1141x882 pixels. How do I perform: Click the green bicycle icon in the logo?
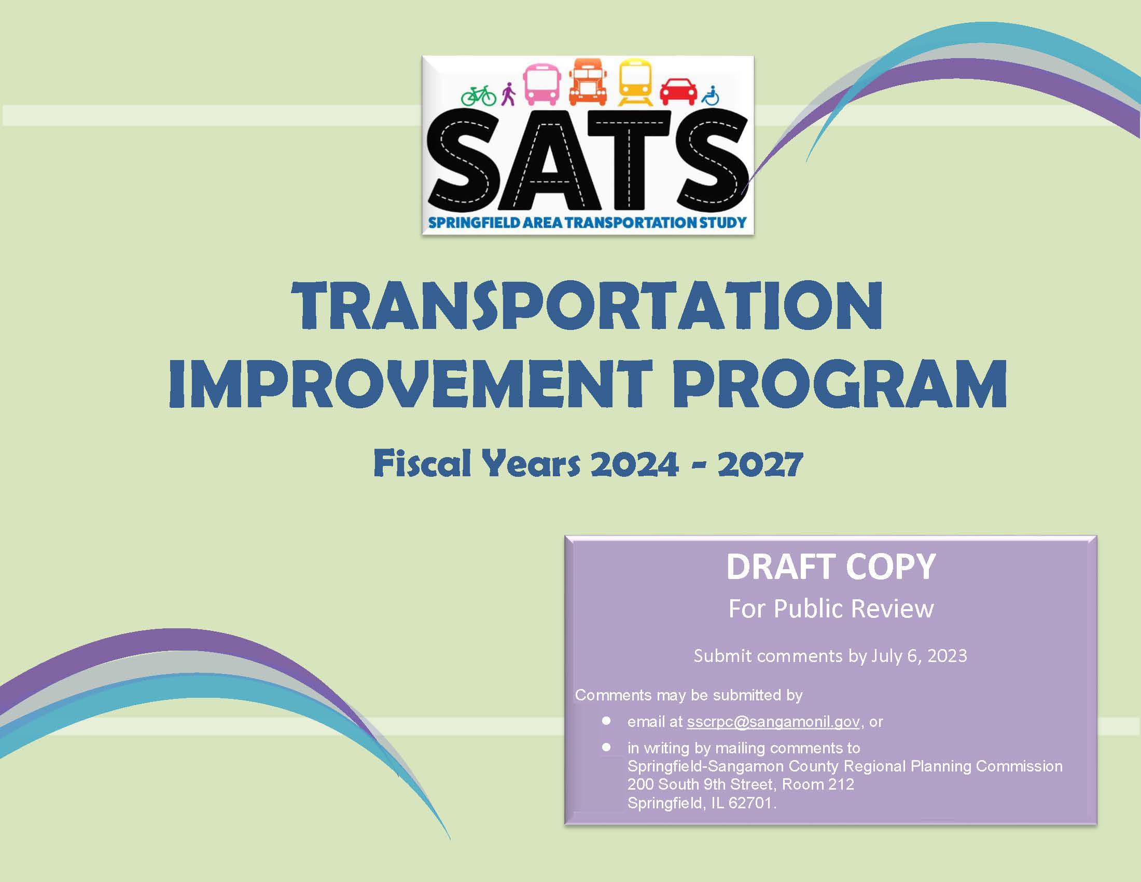[x=479, y=95]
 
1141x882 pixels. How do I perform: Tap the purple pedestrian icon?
[x=508, y=94]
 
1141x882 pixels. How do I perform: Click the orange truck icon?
[x=588, y=81]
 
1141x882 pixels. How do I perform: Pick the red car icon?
[x=678, y=92]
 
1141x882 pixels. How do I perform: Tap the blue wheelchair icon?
[x=711, y=95]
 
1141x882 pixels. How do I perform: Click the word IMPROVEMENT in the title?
[x=410, y=384]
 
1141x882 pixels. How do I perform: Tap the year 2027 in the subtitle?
[x=759, y=464]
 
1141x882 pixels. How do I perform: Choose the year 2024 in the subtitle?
[x=634, y=464]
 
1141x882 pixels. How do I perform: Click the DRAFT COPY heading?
[x=831, y=568]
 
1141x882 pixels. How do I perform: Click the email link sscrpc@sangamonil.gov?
[x=773, y=722]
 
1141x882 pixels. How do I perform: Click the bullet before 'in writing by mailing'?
[x=606, y=748]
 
